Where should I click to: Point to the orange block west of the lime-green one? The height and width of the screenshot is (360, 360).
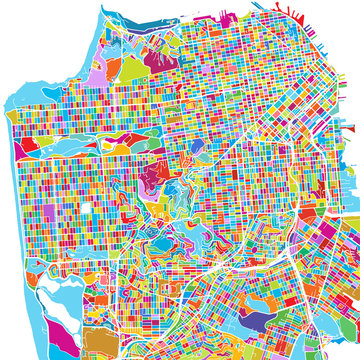[x=112, y=72]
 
